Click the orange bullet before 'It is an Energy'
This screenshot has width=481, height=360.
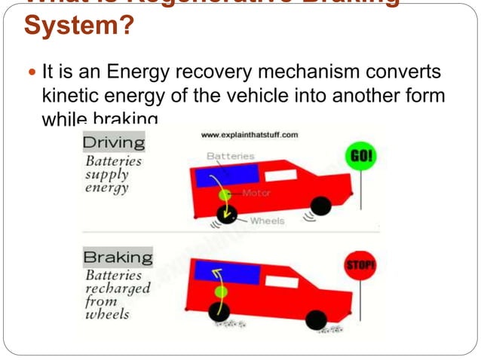pos(31,75)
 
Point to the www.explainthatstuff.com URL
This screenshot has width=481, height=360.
pos(250,135)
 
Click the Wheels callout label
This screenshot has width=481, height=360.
pos(267,221)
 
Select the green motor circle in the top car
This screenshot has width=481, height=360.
pos(224,196)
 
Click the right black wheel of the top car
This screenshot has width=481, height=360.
pos(320,204)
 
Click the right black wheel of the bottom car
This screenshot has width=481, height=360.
pos(317,319)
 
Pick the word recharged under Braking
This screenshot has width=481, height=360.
pos(118,288)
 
